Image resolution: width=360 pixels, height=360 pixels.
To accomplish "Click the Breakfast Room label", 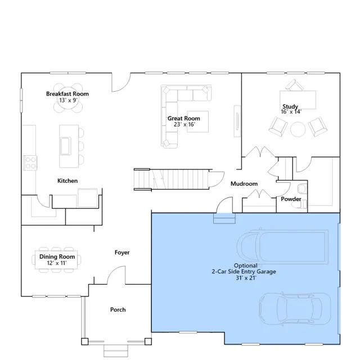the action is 67,94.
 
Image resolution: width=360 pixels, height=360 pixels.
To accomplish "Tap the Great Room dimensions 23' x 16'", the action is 184,124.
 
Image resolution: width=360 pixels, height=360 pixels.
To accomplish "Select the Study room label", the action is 290,106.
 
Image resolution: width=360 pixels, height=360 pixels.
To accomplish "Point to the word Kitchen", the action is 67,181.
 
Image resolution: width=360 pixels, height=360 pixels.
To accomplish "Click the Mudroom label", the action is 244,184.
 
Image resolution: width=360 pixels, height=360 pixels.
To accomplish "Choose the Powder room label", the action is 291,199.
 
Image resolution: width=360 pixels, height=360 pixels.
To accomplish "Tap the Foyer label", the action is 122,253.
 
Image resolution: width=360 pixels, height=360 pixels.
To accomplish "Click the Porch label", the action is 118,310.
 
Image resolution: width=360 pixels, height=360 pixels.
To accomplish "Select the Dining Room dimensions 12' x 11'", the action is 57,263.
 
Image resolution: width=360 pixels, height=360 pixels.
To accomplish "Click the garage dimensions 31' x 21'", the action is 246,278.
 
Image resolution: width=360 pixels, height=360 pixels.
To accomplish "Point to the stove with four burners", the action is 30,163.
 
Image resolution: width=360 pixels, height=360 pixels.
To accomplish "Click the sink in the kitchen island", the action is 65,146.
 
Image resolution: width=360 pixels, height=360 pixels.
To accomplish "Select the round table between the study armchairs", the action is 298,129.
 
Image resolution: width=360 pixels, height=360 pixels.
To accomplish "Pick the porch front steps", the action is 116,350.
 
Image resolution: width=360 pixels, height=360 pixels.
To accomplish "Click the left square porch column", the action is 85,341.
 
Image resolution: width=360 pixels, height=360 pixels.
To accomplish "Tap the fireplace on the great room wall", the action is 237,121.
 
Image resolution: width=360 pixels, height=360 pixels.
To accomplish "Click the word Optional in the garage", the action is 246,265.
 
